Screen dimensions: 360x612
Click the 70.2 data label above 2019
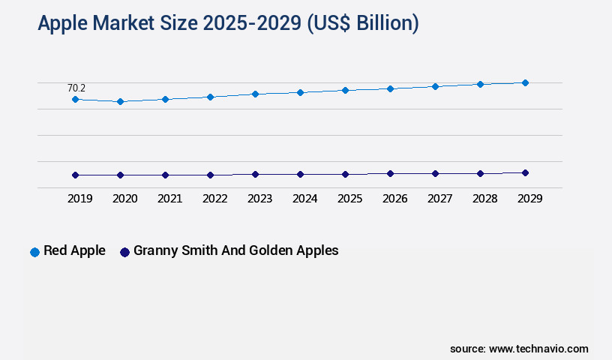[76, 88]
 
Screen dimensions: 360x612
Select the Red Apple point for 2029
[525, 82]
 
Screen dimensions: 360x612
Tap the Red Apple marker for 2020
[120, 101]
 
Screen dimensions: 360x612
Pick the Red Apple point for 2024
[300, 92]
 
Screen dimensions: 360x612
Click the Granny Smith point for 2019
[75, 175]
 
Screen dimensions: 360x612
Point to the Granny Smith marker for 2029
[525, 172]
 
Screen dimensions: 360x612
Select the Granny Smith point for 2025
[345, 174]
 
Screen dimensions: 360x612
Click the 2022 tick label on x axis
[214, 199]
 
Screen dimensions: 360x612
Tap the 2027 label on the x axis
[439, 199]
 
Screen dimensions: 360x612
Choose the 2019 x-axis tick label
[79, 199]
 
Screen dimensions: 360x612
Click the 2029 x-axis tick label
[529, 199]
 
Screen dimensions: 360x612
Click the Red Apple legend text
[74, 250]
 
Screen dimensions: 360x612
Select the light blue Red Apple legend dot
[34, 252]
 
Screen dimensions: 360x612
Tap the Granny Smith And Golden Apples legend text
[235, 250]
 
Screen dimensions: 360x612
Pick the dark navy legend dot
[125, 252]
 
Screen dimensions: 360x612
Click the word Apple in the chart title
[64, 24]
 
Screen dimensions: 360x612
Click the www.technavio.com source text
[538, 349]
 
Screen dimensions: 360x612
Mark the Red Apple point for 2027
[435, 86]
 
